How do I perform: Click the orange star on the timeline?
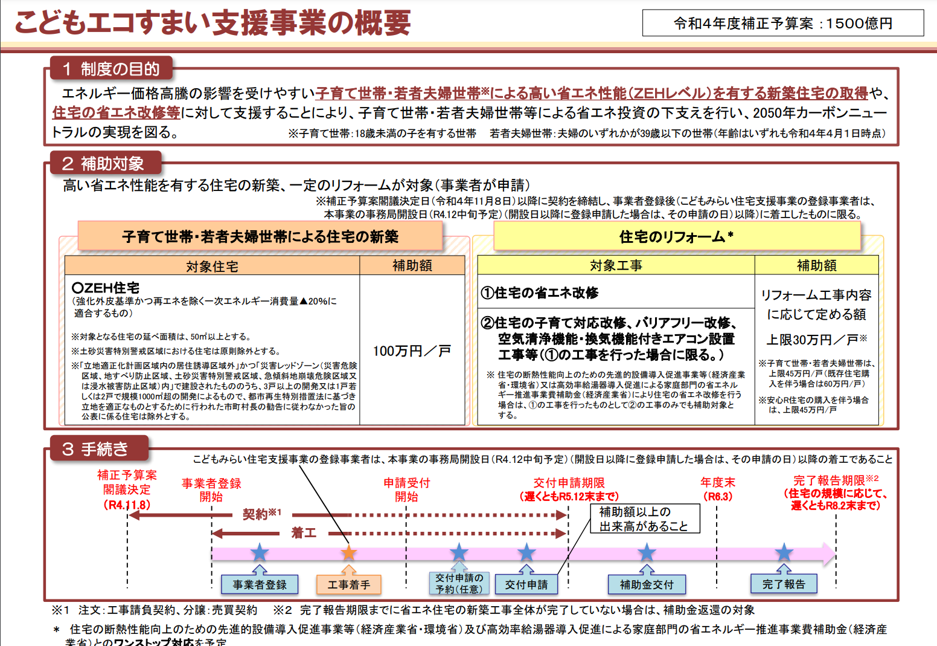tap(348, 553)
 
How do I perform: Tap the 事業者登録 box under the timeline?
tap(260, 584)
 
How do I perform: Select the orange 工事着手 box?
tap(348, 584)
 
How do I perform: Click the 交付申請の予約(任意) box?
tap(459, 583)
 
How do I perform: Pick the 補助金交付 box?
tap(647, 584)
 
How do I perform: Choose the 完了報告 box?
tap(784, 584)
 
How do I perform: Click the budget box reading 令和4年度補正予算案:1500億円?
tap(783, 23)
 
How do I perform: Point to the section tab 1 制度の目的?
tap(111, 68)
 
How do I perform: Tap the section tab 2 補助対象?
tap(106, 163)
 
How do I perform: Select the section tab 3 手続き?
tap(99, 449)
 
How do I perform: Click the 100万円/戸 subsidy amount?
tap(412, 351)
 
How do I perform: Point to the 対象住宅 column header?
tap(212, 266)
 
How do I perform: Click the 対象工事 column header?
tap(616, 265)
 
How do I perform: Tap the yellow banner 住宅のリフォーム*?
tap(677, 236)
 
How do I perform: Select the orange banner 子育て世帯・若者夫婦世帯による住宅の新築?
tap(260, 236)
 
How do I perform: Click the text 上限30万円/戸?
tap(816, 340)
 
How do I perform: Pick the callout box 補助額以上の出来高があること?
tap(645, 518)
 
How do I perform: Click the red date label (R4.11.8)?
tap(127, 505)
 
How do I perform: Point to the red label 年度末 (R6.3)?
tap(717, 489)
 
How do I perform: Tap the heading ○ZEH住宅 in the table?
tap(106, 288)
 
